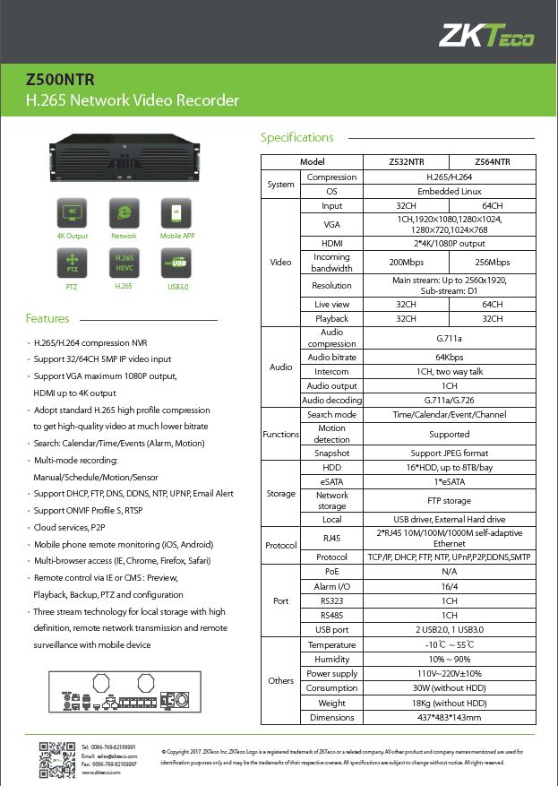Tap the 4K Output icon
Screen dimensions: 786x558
point(73,213)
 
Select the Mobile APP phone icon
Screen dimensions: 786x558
point(176,213)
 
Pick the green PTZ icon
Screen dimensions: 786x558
point(73,263)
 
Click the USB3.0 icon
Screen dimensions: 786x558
point(176,263)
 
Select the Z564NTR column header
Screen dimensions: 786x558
point(493,162)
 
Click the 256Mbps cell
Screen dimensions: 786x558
point(493,263)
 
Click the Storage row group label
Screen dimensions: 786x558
point(281,494)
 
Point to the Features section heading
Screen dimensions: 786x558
point(47,319)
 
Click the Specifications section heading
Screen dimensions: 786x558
point(296,138)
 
